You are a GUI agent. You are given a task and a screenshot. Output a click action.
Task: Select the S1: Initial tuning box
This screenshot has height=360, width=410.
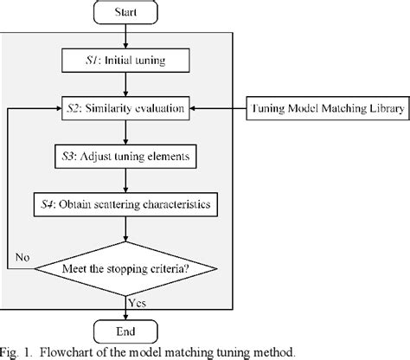coord(127,62)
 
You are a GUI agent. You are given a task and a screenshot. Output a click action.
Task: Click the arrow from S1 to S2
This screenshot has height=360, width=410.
coord(127,85)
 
